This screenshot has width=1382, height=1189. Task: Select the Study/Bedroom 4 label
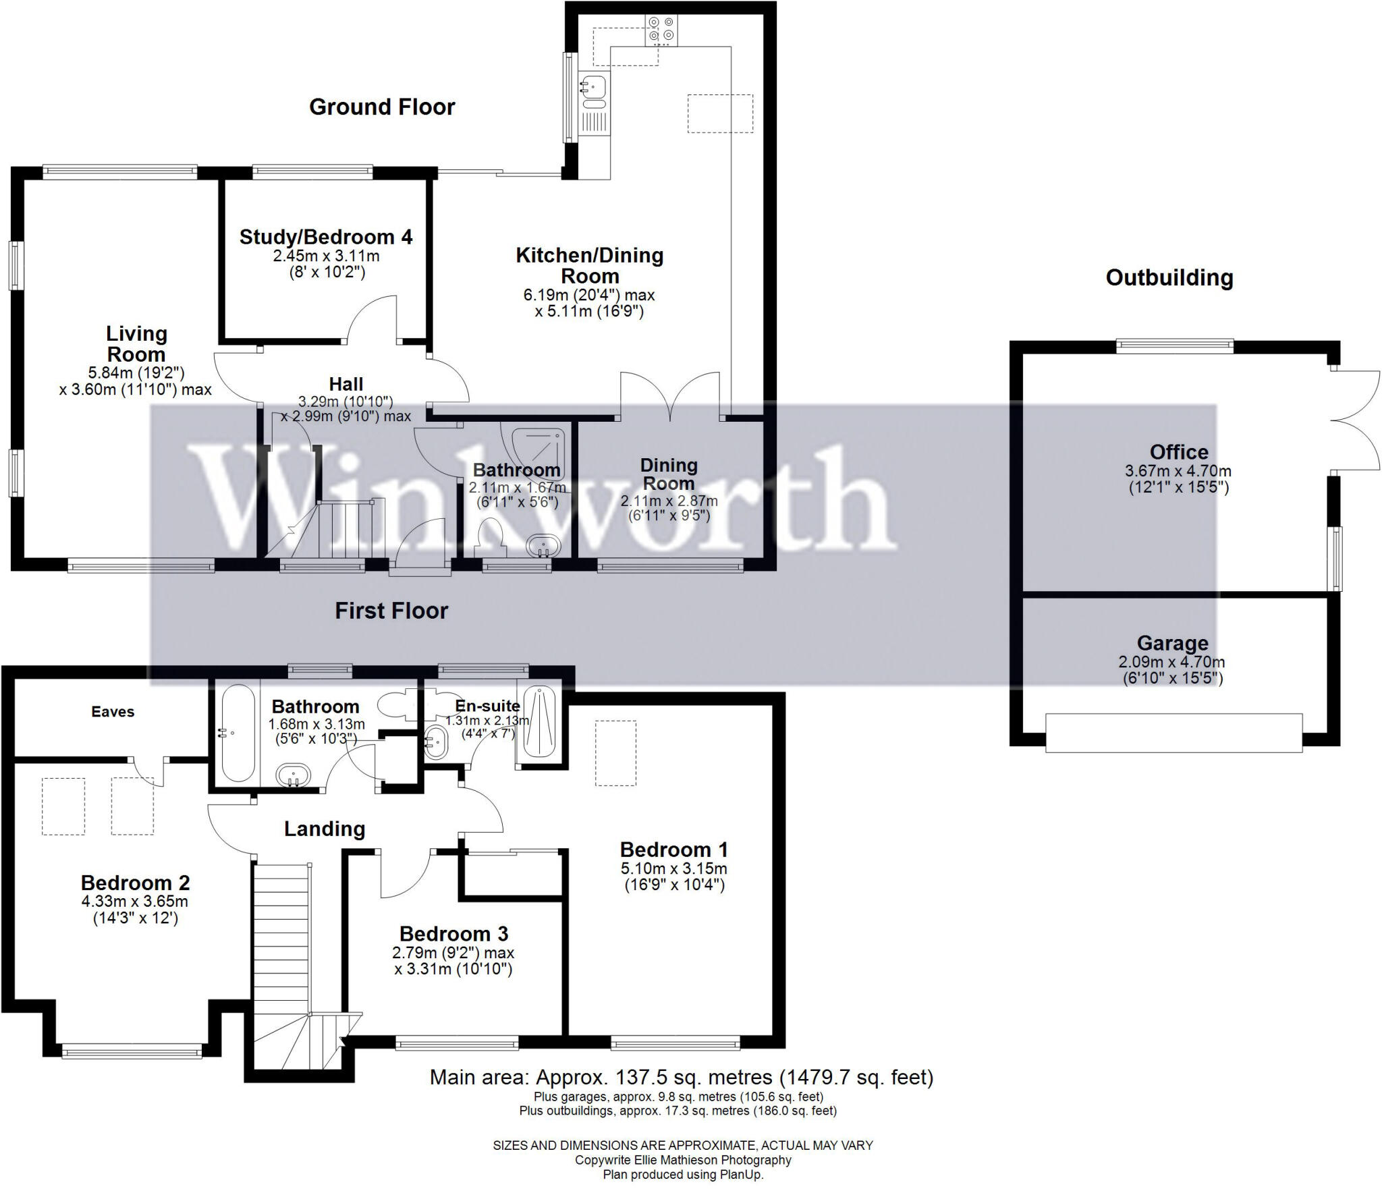tap(326, 238)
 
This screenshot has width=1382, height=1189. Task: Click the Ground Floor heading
tap(382, 107)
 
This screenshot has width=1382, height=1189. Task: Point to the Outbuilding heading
tap(1169, 278)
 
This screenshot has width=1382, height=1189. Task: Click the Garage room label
tap(1172, 643)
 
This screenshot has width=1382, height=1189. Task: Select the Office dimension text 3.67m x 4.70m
tap(1178, 471)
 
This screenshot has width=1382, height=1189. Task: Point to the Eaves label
tap(113, 712)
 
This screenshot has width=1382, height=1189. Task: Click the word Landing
tap(324, 829)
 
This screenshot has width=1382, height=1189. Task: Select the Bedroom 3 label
tap(453, 934)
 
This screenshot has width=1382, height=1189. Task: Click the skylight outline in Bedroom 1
tap(615, 753)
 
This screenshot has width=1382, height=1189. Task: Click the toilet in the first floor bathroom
tap(395, 706)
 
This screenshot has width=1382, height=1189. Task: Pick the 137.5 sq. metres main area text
tap(682, 1077)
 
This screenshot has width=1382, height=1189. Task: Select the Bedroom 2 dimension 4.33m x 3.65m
tap(135, 902)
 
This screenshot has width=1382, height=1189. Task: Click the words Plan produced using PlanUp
tap(682, 1175)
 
